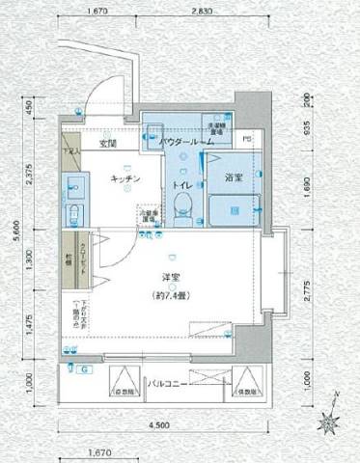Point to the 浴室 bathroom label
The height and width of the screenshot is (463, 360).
(x=234, y=177)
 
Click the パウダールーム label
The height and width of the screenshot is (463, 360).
(x=186, y=143)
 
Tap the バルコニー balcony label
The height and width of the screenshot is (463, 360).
(x=167, y=383)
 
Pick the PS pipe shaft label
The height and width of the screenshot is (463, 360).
(x=246, y=138)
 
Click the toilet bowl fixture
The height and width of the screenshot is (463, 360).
(x=180, y=204)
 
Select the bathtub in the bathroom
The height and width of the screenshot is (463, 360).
(x=236, y=204)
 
